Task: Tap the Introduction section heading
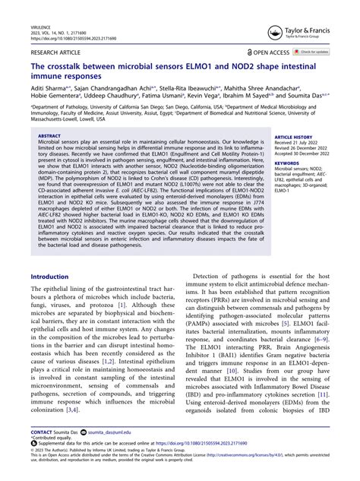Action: pos(49,277)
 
